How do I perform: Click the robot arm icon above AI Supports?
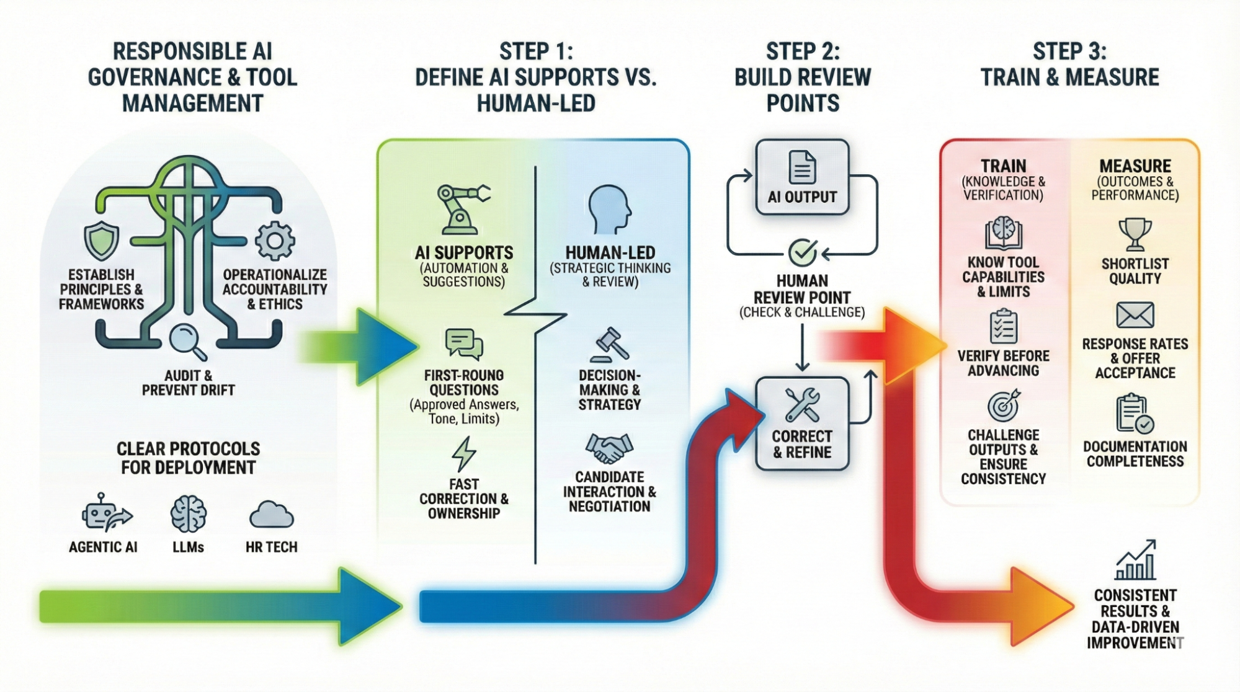(462, 209)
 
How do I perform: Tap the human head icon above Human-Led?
(610, 209)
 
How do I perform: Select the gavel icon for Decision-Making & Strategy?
(610, 344)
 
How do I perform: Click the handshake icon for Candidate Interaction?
(609, 448)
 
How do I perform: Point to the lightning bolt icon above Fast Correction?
(463, 454)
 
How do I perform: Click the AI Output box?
(802, 177)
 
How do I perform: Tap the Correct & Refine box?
(802, 423)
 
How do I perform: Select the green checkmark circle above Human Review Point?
(802, 252)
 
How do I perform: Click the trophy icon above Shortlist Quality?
(1135, 234)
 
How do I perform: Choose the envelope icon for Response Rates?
(1135, 315)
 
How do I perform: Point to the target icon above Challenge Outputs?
(1003, 406)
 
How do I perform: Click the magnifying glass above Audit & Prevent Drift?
(188, 342)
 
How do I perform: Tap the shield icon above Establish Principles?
(102, 240)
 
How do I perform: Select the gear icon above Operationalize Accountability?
(275, 241)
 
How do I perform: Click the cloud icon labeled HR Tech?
(271, 515)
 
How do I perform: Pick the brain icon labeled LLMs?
(189, 513)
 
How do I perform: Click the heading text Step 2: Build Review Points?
(803, 77)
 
